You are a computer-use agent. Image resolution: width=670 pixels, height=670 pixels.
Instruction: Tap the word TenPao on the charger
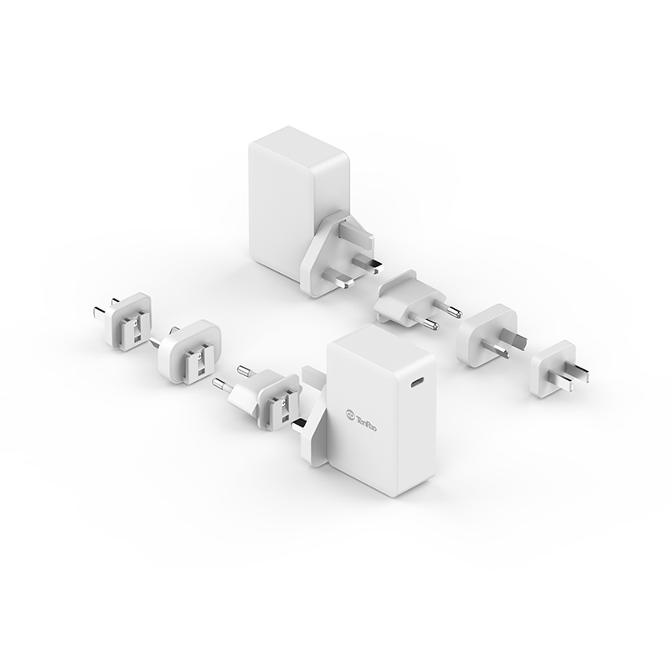[x=367, y=421]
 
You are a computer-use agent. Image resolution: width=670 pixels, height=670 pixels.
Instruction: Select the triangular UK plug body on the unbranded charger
[x=328, y=256]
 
